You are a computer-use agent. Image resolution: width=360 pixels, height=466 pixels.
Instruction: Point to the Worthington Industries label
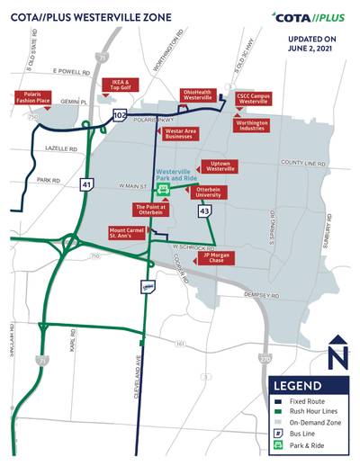click(x=253, y=125)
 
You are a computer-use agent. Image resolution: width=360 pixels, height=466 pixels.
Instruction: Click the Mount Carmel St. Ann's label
click(x=125, y=237)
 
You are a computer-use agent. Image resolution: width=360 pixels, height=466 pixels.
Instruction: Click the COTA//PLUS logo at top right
click(x=307, y=17)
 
